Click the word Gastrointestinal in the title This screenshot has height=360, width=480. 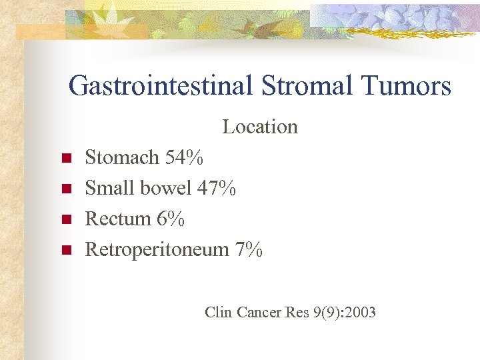point(159,86)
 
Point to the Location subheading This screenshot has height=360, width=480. point(260,127)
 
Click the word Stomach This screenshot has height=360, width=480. point(122,158)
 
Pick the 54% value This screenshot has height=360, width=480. point(185,158)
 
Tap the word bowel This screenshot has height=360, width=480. point(165,189)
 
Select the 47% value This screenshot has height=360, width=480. point(216,189)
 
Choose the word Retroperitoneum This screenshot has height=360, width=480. point(157,250)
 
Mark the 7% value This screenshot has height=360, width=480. point(249,250)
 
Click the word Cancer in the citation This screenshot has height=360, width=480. point(259,312)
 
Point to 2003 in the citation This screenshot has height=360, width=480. point(361,312)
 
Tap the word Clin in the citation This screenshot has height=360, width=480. point(218,312)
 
